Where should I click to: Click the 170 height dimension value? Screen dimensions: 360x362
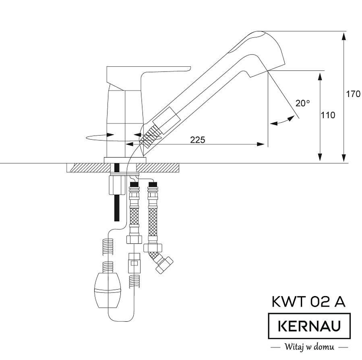[x=353, y=95]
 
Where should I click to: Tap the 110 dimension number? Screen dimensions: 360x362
[x=328, y=115]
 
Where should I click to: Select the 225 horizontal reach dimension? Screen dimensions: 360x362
[x=197, y=140]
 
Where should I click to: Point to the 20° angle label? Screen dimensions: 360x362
[x=303, y=103]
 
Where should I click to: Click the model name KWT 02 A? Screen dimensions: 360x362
[x=308, y=302]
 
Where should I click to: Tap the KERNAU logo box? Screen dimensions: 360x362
[x=309, y=326]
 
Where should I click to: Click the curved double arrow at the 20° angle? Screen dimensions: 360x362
[x=281, y=120]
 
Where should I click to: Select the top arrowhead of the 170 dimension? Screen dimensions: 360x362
[x=344, y=36]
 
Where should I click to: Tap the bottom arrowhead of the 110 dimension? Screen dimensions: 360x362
[x=321, y=158]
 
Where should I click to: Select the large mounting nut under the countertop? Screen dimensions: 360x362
[x=117, y=185]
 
